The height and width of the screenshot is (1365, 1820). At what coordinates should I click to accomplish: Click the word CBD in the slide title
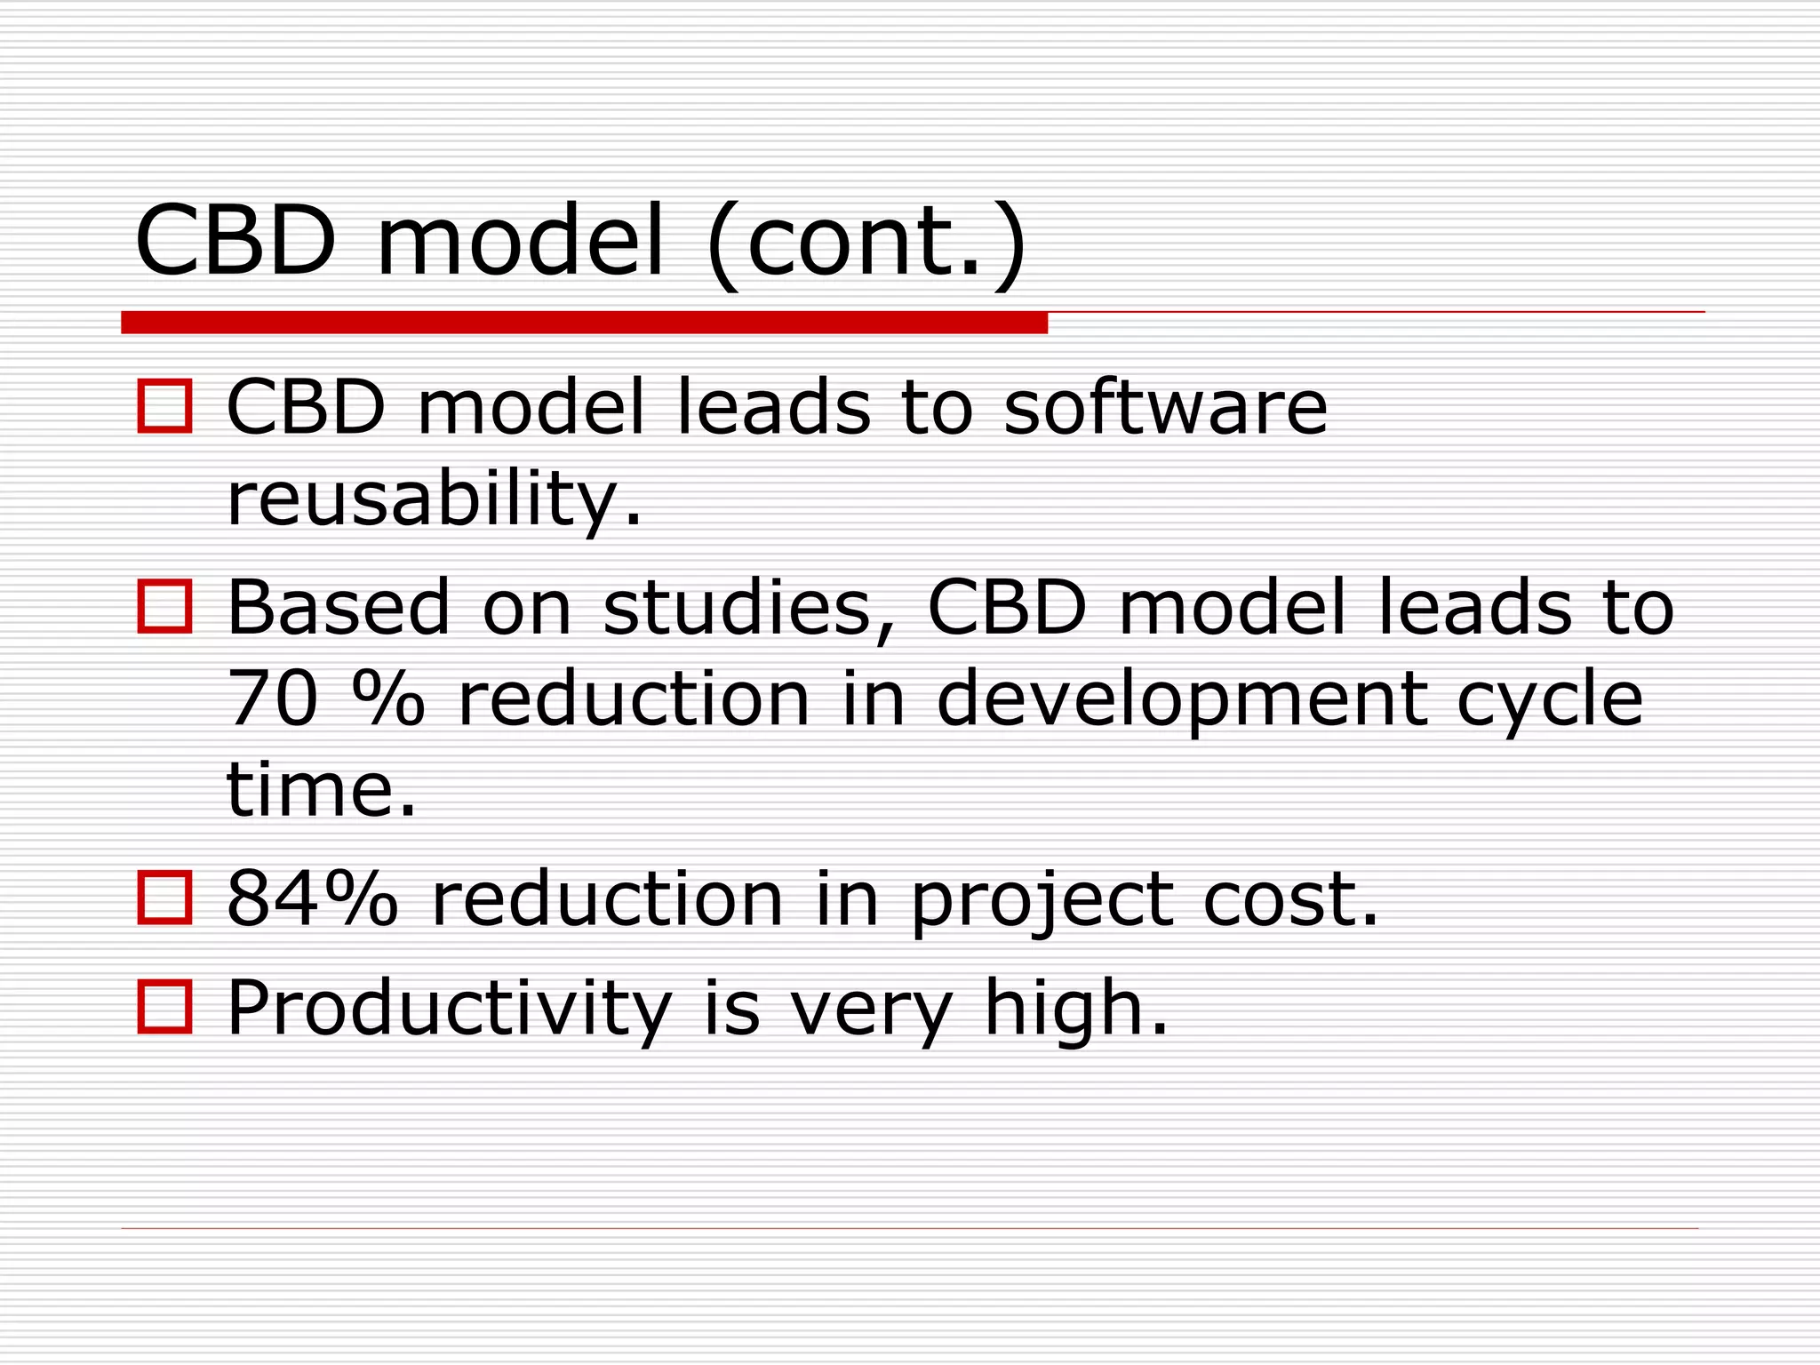point(235,241)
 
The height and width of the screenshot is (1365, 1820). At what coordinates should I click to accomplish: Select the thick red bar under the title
point(584,323)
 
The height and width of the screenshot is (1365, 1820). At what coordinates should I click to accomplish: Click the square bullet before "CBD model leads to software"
point(164,407)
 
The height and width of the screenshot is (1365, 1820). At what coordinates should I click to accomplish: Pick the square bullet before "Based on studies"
point(164,607)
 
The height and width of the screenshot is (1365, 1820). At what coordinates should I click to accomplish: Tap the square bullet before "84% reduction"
point(164,898)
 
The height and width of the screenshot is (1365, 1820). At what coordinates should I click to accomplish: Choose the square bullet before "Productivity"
point(164,1007)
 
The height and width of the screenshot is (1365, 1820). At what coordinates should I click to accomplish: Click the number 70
point(272,698)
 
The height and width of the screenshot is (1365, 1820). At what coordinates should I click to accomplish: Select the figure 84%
point(312,898)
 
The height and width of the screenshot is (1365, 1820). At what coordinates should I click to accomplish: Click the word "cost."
point(1291,898)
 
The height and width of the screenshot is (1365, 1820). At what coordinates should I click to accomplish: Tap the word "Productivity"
point(449,1009)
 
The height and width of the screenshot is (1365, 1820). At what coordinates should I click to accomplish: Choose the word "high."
point(1076,1009)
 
